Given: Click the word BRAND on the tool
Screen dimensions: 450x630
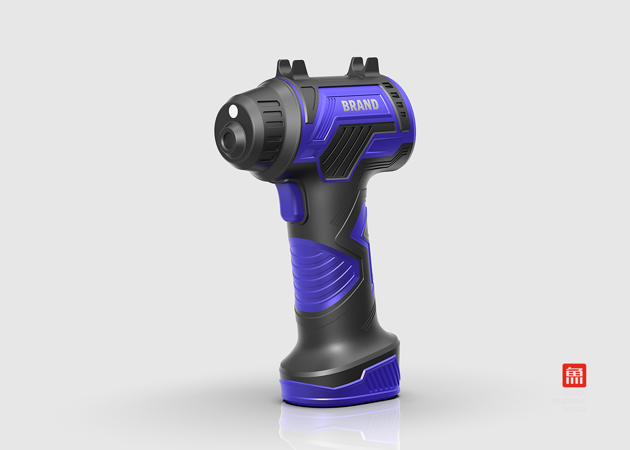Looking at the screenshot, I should tap(360, 105).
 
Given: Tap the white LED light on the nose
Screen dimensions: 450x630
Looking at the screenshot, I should tap(233, 111).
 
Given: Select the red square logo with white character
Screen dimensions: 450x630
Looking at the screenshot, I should tap(574, 375).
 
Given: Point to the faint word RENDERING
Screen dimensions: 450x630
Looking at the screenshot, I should tap(569, 401).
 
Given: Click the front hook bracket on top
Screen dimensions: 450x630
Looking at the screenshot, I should tap(292, 68).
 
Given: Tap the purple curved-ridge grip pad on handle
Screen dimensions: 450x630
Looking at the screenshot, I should tap(317, 270).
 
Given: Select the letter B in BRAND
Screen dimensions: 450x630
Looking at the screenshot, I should tap(346, 106).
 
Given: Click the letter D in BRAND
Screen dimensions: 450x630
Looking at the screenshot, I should tap(374, 104).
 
